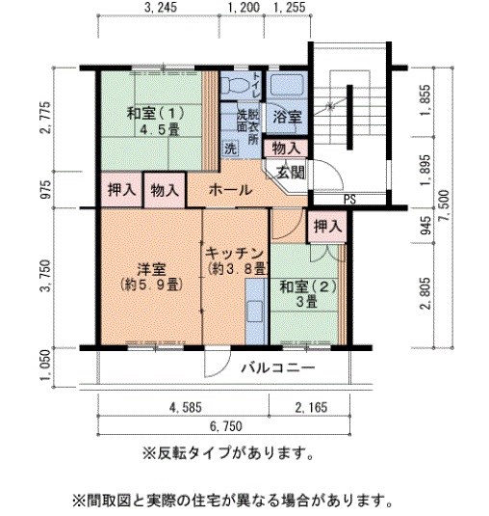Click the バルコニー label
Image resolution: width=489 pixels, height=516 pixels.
click(277, 368)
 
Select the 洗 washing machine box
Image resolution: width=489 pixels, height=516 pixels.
click(231, 149)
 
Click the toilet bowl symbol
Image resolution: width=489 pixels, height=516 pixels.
click(232, 85)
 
